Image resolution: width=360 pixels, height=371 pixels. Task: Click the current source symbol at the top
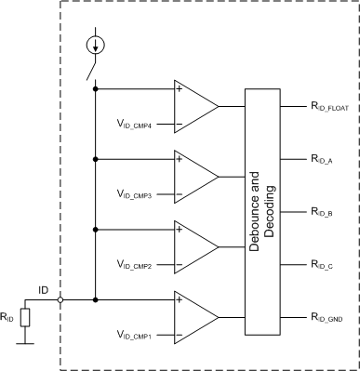(x=96, y=44)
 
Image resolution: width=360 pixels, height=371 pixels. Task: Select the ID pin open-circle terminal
(x=60, y=300)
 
